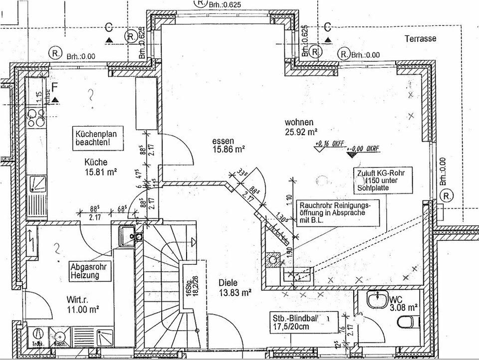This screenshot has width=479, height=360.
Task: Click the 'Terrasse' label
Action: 421,38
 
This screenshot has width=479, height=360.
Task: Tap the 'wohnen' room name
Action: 299,122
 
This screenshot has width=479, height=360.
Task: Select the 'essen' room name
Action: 222,141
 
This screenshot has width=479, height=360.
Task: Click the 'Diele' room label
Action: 229,282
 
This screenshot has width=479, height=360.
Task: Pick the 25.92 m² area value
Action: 301,132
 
